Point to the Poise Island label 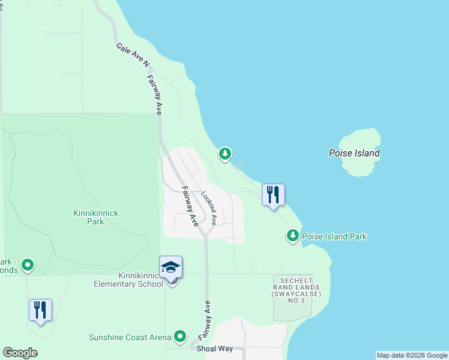354,153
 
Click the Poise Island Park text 334,236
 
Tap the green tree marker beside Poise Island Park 293,236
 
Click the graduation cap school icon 170,266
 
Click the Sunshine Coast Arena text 130,337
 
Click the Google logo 20,353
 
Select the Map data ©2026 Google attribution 412,355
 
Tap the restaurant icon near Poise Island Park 273,194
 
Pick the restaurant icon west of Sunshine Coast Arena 40,310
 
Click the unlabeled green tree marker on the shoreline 225,154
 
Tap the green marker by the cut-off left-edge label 28,264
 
